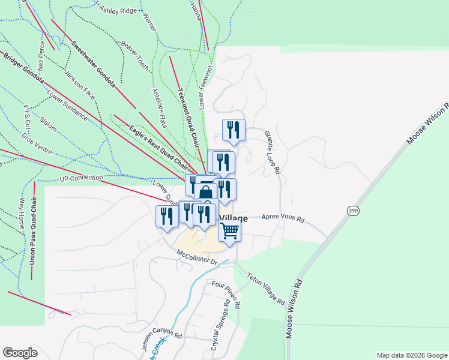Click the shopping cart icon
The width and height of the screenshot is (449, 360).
(x=229, y=230)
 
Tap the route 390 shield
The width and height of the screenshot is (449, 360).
(x=353, y=210)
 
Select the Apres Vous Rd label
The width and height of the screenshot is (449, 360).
(x=283, y=220)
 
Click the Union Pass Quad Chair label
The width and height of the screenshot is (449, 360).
(x=32, y=231)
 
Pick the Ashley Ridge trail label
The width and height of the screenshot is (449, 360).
(x=118, y=10)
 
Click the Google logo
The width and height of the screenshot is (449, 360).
(x=20, y=353)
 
